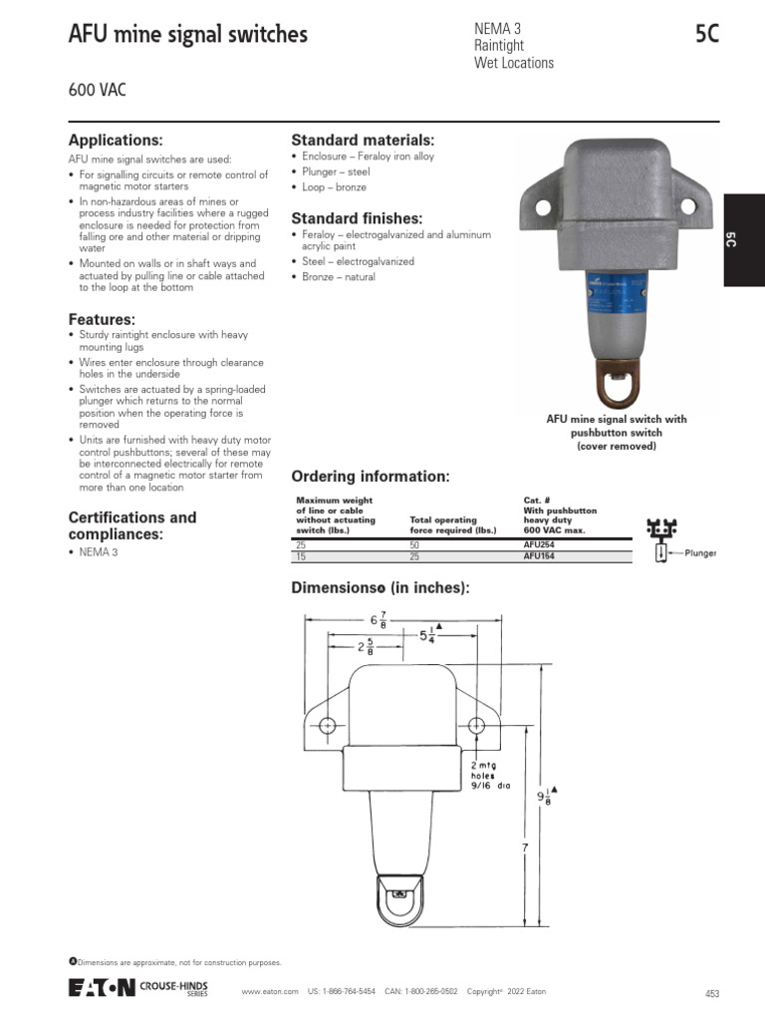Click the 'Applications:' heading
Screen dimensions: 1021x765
point(115,141)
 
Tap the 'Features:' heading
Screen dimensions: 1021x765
point(101,319)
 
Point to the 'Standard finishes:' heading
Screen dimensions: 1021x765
point(357,218)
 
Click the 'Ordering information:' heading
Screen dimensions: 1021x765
point(370,475)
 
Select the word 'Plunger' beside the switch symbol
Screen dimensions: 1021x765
point(700,552)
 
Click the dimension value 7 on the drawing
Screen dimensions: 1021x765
point(524,847)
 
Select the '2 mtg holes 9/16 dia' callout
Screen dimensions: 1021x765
point(490,775)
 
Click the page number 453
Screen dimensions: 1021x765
point(711,993)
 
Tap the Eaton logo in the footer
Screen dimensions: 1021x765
point(101,988)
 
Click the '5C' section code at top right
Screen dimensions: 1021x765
point(706,35)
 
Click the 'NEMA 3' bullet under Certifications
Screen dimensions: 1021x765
point(99,552)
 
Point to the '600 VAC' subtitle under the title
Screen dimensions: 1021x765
point(97,91)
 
